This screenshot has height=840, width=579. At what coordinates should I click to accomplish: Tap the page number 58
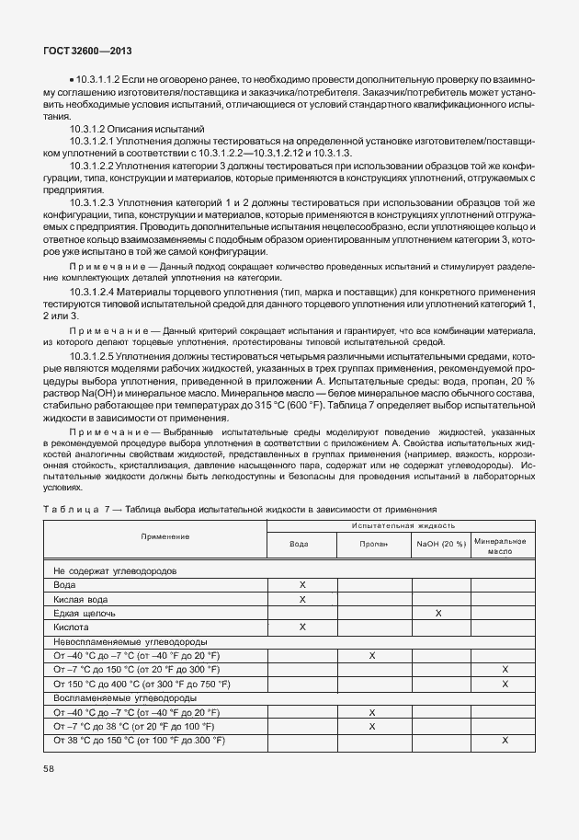49,767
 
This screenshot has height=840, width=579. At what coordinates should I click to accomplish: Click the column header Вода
300,544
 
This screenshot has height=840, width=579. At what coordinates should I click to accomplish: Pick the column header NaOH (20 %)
441,544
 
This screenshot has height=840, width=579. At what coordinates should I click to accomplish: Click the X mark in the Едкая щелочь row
438,612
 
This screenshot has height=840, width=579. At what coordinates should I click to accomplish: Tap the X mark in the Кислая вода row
301,599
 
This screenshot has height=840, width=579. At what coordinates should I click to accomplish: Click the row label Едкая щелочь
85,613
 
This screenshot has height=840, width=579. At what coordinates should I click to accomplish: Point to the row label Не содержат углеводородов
115,570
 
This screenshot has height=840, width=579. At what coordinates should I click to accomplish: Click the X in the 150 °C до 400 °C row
505,684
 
